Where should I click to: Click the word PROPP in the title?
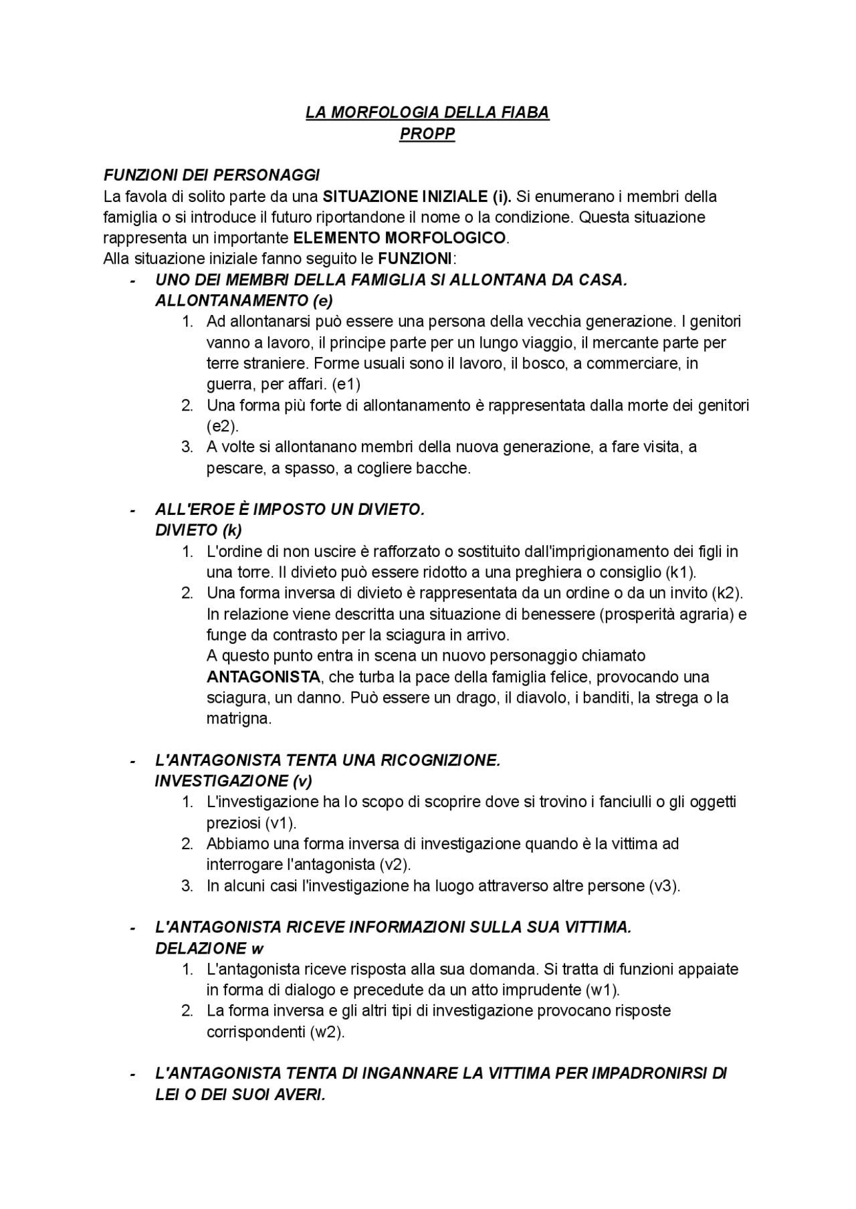(x=427, y=134)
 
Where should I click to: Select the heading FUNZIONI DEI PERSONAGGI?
(x=211, y=175)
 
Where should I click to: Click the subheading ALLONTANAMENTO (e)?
(x=244, y=300)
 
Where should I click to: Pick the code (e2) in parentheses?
(x=222, y=426)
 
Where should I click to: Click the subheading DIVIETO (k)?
(x=199, y=530)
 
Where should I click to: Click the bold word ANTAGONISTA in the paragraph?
(x=263, y=677)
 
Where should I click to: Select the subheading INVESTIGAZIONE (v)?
(x=233, y=780)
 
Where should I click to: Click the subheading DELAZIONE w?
(x=209, y=948)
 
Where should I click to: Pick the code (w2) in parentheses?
(x=328, y=1032)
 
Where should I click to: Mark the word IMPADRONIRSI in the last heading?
(x=647, y=1074)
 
